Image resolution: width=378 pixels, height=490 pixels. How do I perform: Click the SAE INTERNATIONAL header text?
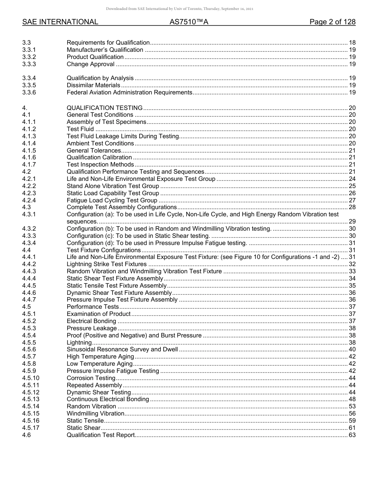click(x=60, y=22)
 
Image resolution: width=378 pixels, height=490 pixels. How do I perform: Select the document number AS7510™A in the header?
click(x=189, y=22)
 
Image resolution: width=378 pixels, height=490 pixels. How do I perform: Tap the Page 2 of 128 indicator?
click(x=332, y=22)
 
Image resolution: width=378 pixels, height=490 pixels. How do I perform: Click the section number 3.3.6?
click(x=29, y=92)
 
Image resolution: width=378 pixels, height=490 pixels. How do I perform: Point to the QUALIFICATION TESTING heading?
click(x=105, y=108)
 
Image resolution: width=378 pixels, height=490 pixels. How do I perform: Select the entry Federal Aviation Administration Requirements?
click(x=129, y=92)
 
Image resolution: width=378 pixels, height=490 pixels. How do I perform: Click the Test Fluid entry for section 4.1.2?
click(x=80, y=129)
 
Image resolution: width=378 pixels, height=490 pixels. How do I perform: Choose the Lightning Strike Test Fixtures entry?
click(x=107, y=264)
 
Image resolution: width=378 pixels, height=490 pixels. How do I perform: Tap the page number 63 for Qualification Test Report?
click(x=352, y=435)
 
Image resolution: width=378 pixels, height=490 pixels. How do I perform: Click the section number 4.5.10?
click(x=31, y=378)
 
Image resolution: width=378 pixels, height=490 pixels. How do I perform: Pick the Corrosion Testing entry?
click(x=91, y=378)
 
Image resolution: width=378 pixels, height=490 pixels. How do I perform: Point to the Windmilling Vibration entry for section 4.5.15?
click(x=95, y=414)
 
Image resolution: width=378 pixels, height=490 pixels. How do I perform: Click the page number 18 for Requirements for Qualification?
click(x=352, y=43)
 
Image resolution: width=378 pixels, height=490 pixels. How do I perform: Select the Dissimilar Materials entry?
click(x=94, y=85)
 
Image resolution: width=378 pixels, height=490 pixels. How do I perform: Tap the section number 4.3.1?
click(x=29, y=214)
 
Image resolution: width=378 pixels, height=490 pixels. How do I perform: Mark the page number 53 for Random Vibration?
click(x=352, y=406)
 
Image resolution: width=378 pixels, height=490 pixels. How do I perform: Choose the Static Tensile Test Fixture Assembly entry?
click(x=117, y=286)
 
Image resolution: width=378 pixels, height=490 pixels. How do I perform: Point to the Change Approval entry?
click(x=91, y=64)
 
